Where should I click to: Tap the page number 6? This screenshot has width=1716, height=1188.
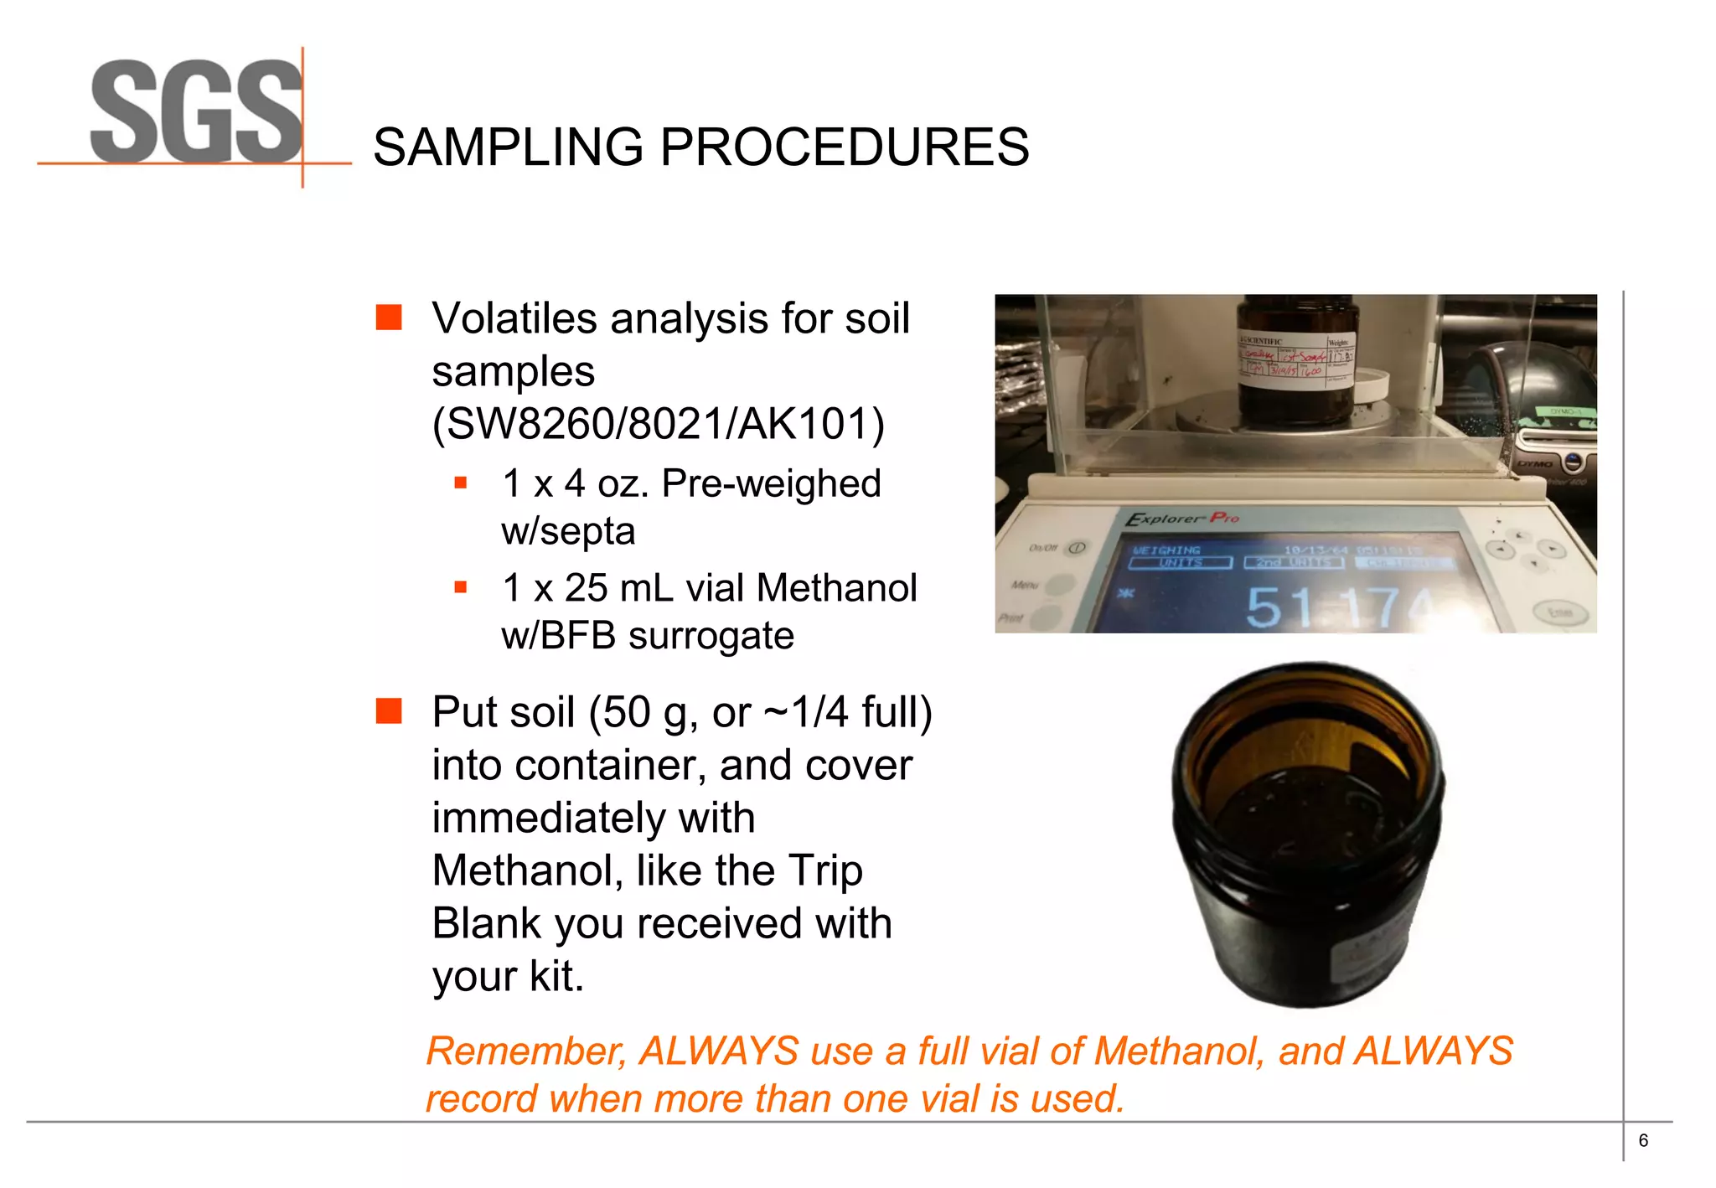pyautogui.click(x=1643, y=1140)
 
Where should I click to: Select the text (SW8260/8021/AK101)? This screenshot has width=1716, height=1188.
pyautogui.click(x=659, y=424)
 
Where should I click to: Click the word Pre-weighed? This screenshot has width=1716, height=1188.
pyautogui.click(x=771, y=483)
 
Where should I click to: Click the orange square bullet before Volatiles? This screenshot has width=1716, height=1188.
pyautogui.click(x=389, y=318)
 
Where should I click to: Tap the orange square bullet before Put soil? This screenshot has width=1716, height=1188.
pyautogui.click(x=389, y=711)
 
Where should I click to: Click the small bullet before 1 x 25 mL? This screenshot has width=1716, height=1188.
pyautogui.click(x=460, y=587)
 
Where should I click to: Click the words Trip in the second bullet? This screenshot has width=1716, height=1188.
pyautogui.click(x=825, y=870)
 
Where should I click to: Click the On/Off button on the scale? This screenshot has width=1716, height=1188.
pyautogui.click(x=1077, y=548)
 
